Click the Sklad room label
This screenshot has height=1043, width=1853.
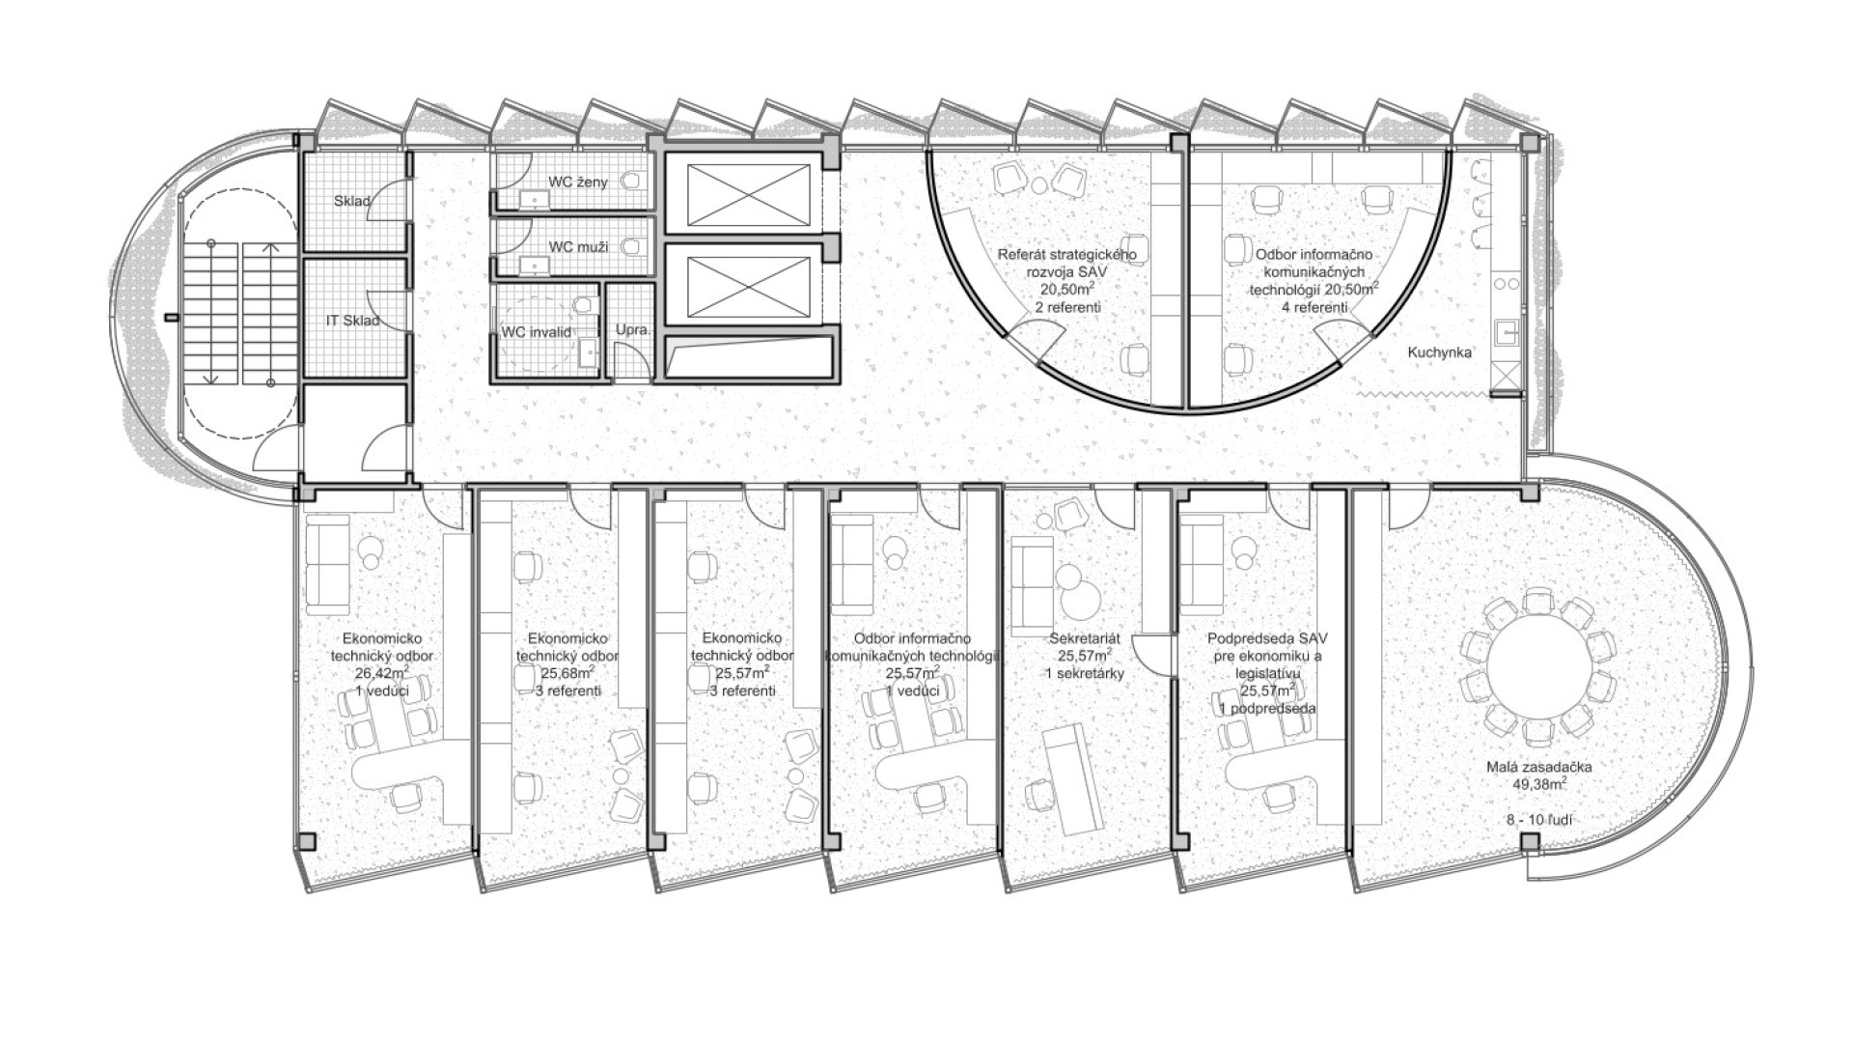pyautogui.click(x=352, y=202)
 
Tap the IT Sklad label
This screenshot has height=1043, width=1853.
pyautogui.click(x=352, y=321)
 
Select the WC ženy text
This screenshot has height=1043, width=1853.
pyautogui.click(x=578, y=182)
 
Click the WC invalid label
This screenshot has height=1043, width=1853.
pyautogui.click(x=536, y=332)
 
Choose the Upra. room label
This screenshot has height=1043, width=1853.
pyautogui.click(x=633, y=329)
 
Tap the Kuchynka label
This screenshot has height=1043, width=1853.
pyautogui.click(x=1439, y=352)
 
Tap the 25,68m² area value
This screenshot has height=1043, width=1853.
pyautogui.click(x=567, y=673)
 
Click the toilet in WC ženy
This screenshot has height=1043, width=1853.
pyautogui.click(x=633, y=181)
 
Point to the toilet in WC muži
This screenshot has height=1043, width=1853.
pyautogui.click(x=633, y=246)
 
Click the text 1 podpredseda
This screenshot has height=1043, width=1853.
pyautogui.click(x=1267, y=708)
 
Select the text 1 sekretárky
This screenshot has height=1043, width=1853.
pyautogui.click(x=1085, y=673)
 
